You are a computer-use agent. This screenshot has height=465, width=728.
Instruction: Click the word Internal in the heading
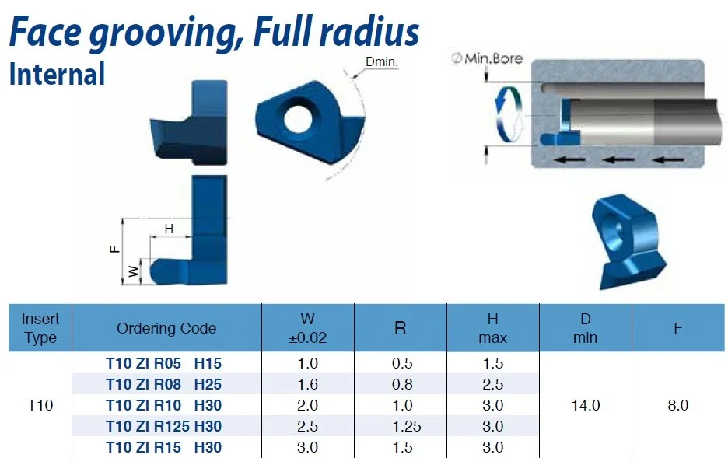(57, 74)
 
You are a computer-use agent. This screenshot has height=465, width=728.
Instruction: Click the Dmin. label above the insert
(382, 61)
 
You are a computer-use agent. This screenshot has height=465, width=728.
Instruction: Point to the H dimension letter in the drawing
(169, 229)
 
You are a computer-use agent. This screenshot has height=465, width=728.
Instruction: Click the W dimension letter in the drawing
(134, 271)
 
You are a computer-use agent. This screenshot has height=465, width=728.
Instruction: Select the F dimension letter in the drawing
(114, 249)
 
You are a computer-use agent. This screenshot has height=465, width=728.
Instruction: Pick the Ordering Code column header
(166, 328)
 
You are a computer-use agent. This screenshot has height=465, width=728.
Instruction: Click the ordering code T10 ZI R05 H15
(163, 363)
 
